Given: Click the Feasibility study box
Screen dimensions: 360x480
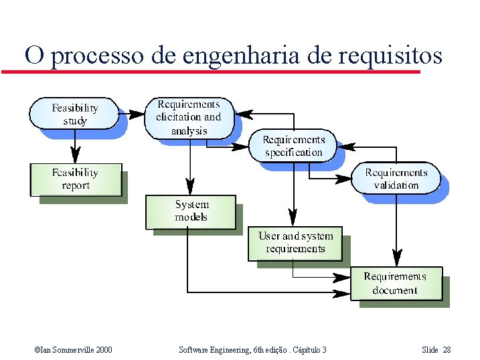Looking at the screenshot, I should [x=74, y=114].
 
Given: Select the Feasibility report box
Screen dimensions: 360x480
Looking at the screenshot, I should [x=76, y=179].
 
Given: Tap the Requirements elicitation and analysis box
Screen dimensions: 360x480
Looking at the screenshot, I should [x=189, y=118].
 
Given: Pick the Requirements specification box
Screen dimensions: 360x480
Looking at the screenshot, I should [x=293, y=146].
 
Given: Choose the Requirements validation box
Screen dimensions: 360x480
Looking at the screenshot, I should [x=396, y=179].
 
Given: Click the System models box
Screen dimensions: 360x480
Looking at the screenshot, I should [x=191, y=211].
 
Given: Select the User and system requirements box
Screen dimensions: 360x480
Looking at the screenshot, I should [x=295, y=242].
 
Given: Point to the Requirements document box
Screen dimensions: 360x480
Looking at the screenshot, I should [x=396, y=283].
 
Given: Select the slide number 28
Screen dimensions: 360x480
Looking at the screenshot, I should [x=447, y=350].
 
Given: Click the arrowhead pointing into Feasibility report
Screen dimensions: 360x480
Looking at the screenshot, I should [x=76, y=157].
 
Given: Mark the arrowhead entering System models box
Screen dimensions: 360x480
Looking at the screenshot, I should [x=190, y=187].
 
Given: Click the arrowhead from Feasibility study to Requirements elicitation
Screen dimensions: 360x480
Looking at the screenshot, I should [x=138, y=114].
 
